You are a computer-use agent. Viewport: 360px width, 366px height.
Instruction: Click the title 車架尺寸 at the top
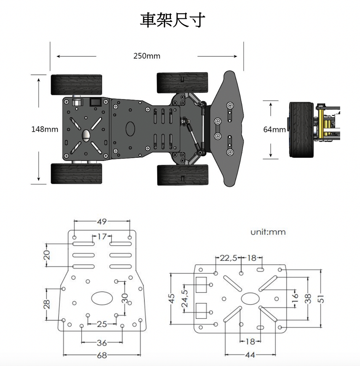click(172, 20)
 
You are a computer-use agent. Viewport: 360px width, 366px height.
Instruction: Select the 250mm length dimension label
click(147, 56)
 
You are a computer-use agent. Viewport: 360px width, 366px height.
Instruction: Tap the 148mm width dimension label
click(45, 129)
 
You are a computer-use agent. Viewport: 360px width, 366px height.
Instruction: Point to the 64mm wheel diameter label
click(274, 129)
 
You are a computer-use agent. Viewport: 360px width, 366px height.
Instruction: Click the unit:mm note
click(268, 232)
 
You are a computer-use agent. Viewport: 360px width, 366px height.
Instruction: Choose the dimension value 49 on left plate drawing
click(101, 221)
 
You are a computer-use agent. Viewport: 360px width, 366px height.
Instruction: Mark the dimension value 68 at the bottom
click(102, 355)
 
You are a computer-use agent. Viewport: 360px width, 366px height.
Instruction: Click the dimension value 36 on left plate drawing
click(102, 343)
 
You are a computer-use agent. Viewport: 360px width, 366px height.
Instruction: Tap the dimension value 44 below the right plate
click(250, 355)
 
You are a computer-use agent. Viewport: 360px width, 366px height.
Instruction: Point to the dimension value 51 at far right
click(322, 299)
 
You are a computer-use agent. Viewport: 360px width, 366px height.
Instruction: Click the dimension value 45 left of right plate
click(172, 299)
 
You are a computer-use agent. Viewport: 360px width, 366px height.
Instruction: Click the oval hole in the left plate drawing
click(102, 298)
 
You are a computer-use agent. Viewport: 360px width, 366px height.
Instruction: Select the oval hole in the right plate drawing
click(250, 299)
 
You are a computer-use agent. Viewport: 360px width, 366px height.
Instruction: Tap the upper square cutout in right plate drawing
click(201, 285)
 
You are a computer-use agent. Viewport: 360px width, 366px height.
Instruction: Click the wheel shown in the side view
click(301, 130)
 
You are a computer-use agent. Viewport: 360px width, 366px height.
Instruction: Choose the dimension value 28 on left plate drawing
click(47, 305)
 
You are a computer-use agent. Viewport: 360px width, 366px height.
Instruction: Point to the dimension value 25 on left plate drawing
click(102, 324)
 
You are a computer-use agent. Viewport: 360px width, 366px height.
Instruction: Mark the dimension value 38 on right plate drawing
click(308, 299)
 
